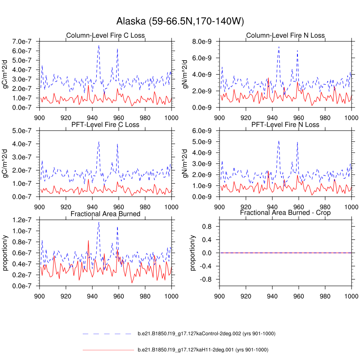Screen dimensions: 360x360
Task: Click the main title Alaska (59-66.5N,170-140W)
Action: coord(180,21)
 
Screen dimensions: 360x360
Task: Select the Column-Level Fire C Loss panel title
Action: coord(105,36)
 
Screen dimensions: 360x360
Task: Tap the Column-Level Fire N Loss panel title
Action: coord(285,36)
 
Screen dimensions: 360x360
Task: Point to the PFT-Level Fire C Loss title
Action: coord(105,125)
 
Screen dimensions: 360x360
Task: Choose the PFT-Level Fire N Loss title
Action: coord(285,125)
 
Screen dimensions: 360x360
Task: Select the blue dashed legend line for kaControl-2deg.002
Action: coord(108,334)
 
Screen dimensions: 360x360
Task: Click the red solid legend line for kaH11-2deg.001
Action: coord(108,350)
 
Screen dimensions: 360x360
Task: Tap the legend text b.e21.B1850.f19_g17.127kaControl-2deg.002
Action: coord(206,334)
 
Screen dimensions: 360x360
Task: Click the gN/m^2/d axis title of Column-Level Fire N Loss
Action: coord(185,75)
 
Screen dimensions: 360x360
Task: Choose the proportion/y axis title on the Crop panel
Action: coord(193,253)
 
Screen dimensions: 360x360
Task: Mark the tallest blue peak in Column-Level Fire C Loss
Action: coord(99,45)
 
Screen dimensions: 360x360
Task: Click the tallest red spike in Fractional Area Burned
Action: coord(88,240)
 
